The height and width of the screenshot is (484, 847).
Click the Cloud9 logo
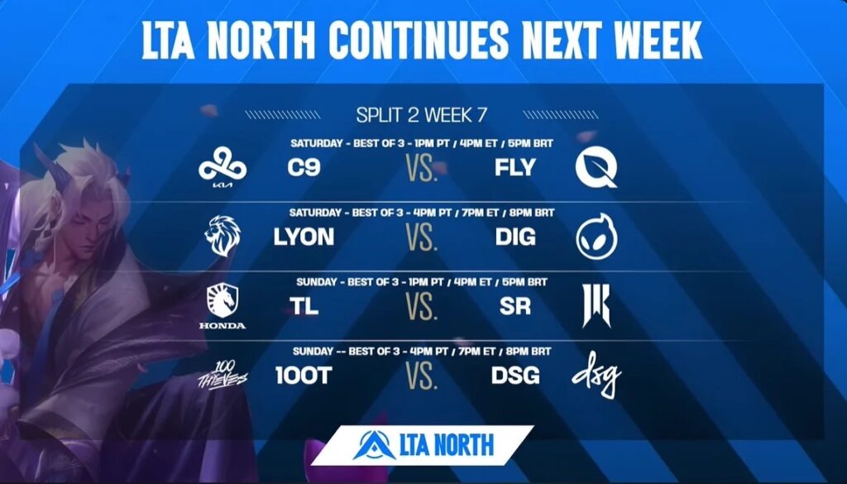[223, 165]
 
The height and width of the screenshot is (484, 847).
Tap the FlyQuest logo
[596, 168]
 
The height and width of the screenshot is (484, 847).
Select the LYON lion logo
[223, 236]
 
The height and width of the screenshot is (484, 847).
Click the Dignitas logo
[596, 236]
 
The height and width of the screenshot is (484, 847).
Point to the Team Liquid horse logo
[223, 300]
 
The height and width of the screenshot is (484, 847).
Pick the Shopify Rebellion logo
[596, 306]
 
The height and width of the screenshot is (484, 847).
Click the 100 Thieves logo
[223, 374]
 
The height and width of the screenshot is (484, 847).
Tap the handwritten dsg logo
[596, 374]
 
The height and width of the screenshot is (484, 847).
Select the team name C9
[304, 167]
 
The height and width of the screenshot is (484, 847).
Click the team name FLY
[515, 167]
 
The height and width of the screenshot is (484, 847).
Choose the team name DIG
[515, 237]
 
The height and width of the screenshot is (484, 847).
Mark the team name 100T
[304, 376]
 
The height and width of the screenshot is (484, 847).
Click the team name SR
[515, 306]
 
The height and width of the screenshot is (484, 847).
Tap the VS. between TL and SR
[421, 307]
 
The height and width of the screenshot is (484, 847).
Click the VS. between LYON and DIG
[421, 237]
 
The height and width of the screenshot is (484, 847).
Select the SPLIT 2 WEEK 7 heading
[421, 115]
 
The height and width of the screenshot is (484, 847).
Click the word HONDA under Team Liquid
[223, 326]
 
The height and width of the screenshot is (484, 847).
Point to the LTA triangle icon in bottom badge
[374, 445]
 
